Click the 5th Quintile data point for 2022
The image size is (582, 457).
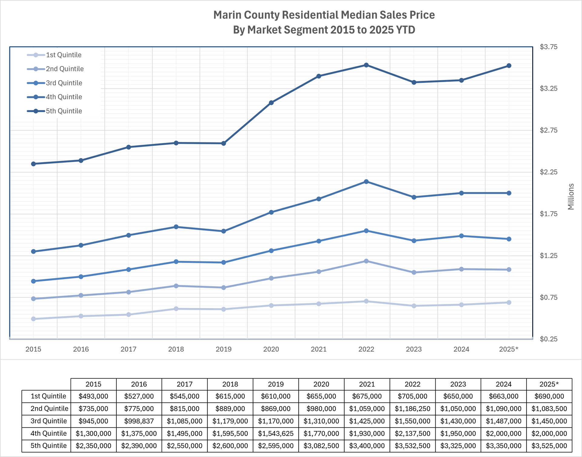click(366, 65)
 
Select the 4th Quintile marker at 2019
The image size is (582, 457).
click(224, 231)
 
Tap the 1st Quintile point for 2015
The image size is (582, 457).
click(33, 319)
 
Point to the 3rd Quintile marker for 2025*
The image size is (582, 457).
click(509, 239)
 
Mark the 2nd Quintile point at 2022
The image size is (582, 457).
click(366, 261)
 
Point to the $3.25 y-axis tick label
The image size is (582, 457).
click(549, 88)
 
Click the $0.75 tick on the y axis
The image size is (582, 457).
click(549, 297)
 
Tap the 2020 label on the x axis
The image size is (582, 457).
click(271, 349)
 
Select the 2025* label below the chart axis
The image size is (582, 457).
click(509, 349)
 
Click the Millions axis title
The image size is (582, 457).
click(571, 197)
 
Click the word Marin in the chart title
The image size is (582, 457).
click(227, 15)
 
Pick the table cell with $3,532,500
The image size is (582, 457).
click(412, 446)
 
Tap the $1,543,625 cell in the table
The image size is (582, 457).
click(276, 433)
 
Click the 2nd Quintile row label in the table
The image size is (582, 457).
click(49, 409)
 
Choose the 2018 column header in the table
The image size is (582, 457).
click(230, 384)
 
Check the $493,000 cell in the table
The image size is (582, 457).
click(93, 396)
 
